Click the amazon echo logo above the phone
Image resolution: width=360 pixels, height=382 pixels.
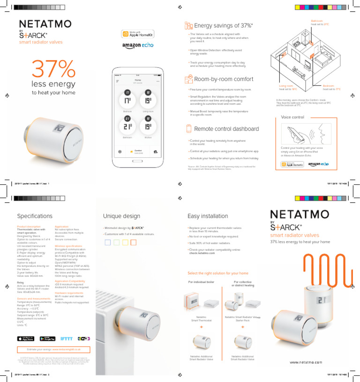[x=135, y=45]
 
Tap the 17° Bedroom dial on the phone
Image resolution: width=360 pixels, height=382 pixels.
[x=127, y=100]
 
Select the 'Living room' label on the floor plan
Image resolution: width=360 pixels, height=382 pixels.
[x=285, y=86]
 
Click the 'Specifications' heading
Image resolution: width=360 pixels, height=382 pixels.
[x=35, y=216]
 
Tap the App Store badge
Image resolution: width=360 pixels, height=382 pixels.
[x=25, y=338]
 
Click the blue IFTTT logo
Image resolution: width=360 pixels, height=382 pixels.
[x=66, y=338]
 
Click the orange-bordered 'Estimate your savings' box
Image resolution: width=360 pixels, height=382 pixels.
[x=53, y=349]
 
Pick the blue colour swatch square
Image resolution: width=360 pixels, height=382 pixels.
[x=107, y=242]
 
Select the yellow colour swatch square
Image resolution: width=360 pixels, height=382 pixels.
[x=125, y=242]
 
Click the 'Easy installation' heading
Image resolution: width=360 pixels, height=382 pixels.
[x=208, y=216]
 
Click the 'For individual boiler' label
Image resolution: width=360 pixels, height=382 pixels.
[x=201, y=282]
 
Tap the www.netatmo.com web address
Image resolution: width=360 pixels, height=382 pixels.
[x=305, y=362]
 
